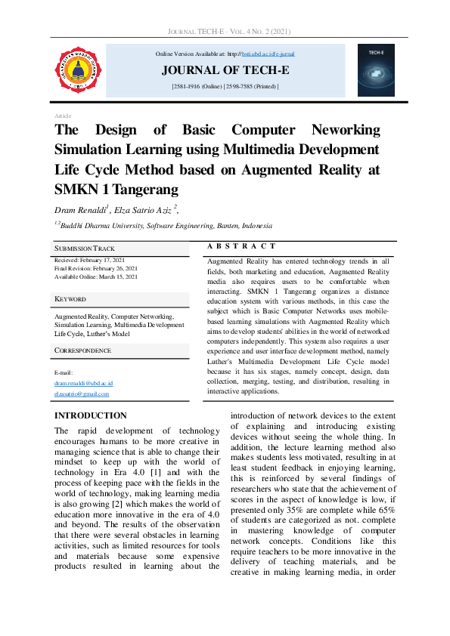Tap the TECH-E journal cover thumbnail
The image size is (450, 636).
pyautogui.click(x=377, y=70)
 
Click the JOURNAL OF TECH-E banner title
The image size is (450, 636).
pyautogui.click(x=225, y=71)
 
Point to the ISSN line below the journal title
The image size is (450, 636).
pyautogui.click(x=225, y=88)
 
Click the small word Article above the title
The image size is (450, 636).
pyautogui.click(x=63, y=116)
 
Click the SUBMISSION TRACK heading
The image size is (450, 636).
pyautogui.click(x=84, y=248)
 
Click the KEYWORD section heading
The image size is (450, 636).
pyautogui.click(x=70, y=299)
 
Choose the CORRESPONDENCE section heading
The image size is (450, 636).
pyautogui.click(x=82, y=350)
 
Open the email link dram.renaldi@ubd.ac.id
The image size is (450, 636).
pyautogui.click(x=83, y=384)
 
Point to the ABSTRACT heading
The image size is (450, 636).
pyautogui.click(x=241, y=246)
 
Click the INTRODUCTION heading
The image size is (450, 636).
pyautogui.click(x=91, y=415)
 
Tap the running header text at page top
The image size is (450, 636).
pyautogui.click(x=225, y=32)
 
